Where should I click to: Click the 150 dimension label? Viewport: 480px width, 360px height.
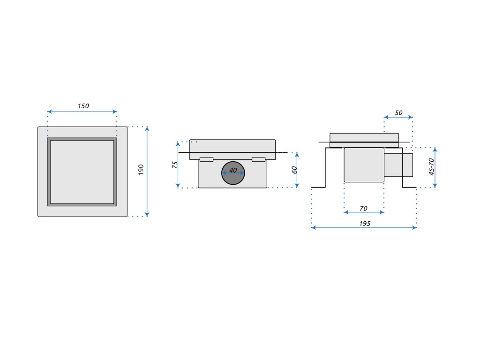pos(83,106)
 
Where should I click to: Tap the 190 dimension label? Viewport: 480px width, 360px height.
pos(141,170)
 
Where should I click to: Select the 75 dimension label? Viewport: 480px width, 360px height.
pos(175,165)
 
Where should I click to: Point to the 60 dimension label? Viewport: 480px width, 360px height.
pos(294,170)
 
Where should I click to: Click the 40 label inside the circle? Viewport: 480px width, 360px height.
pos(233,170)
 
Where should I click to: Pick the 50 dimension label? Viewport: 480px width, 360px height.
pos(398,112)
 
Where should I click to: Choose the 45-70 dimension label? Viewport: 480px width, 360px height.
pos(432,166)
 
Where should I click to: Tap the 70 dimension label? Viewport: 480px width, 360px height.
pos(364,208)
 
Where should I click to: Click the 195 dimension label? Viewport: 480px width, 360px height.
pos(365,224)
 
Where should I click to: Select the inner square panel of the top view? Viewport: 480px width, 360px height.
pos(82,172)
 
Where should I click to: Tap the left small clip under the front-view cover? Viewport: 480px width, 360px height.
pos(206,159)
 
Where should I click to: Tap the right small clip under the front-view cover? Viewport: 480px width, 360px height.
pos(259,159)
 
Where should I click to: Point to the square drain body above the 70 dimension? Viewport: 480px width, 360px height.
pos(364,165)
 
